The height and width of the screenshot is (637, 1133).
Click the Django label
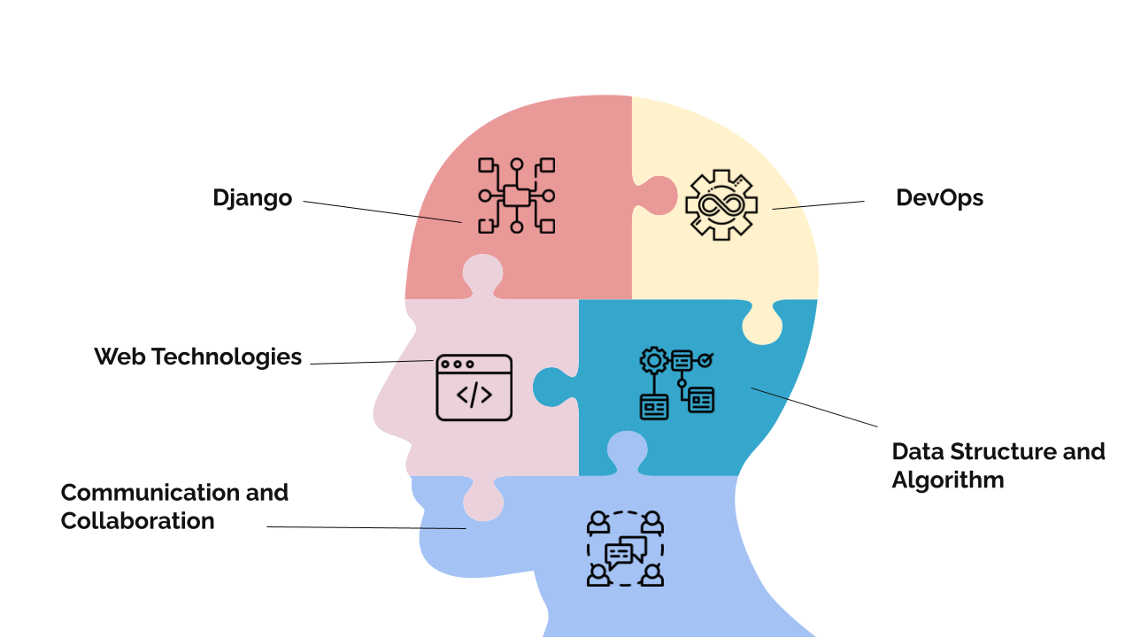(x=252, y=198)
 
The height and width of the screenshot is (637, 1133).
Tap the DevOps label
(x=939, y=197)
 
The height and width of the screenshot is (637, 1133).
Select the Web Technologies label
(x=197, y=357)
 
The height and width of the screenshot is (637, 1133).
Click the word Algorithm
(x=947, y=480)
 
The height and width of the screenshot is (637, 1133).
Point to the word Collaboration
(x=137, y=520)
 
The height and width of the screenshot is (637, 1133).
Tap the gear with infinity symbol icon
(x=721, y=204)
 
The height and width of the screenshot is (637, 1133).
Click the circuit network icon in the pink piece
(x=516, y=196)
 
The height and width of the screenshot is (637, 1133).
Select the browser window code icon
(x=474, y=388)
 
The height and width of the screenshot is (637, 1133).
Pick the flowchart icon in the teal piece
(x=676, y=383)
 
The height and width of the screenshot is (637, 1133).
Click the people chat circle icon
(x=625, y=549)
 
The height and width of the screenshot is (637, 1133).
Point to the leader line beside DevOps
(x=819, y=205)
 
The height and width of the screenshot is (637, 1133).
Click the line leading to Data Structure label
(x=814, y=407)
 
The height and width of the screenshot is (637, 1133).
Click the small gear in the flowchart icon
(x=654, y=359)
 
